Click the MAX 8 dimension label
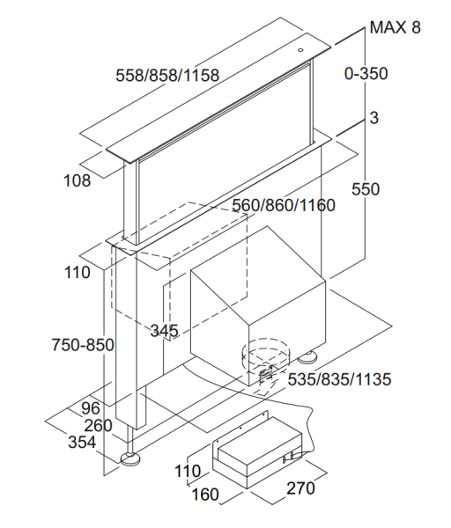pos(395,27)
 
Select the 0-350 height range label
pos(366,73)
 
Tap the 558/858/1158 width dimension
pos(167,75)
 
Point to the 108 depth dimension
pos(78,180)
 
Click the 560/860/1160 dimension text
pos(284,205)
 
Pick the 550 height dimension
pos(366,189)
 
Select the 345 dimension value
pos(164,331)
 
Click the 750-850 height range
pos(83,345)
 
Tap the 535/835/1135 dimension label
pos(339,379)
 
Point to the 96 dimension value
pos(91,408)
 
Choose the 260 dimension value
pos(98,426)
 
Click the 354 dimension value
pos(82,442)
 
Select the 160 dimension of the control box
pos(205,495)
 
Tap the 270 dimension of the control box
pos(300,488)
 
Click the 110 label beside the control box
pos(188,471)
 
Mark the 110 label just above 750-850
pos(78,273)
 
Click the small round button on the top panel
pos(300,50)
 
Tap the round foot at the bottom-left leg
pos(130,458)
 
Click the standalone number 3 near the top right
pos(374,118)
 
